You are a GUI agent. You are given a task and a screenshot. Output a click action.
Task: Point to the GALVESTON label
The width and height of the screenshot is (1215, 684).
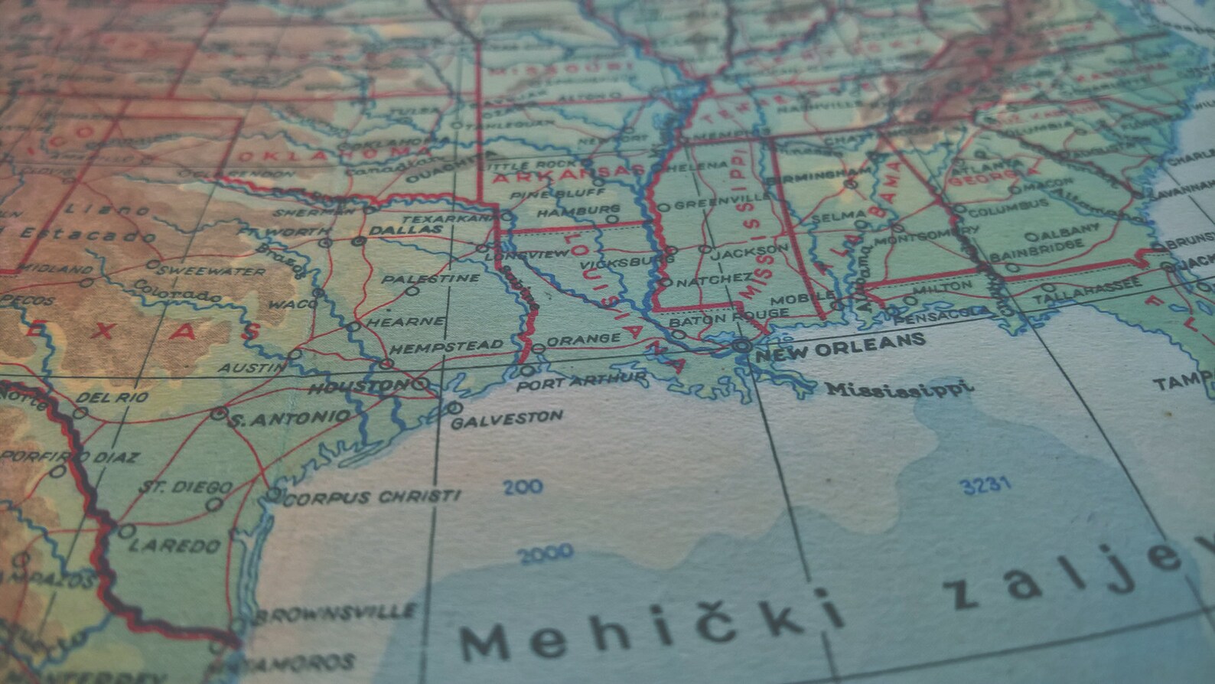tap(507, 419)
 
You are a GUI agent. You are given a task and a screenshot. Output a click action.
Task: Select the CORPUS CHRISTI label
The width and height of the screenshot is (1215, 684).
tap(372, 498)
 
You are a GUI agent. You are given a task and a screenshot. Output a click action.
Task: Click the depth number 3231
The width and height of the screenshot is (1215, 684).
tap(985, 485)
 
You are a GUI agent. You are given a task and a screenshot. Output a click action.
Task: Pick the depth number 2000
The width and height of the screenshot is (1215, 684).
tap(545, 553)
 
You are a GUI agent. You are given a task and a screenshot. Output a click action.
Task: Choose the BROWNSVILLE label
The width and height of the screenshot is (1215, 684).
tap(337, 613)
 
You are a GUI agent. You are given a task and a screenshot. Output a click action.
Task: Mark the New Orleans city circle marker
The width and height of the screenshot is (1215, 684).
tap(740, 346)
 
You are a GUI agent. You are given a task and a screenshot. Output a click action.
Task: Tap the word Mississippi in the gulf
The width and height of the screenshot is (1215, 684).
tap(899, 388)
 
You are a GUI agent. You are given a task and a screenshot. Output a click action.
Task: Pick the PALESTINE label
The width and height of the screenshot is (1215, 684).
tap(431, 278)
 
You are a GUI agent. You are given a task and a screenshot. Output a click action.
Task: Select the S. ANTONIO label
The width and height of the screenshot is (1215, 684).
tap(290, 419)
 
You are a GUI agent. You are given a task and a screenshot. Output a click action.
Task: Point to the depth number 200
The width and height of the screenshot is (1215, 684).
tap(523, 486)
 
